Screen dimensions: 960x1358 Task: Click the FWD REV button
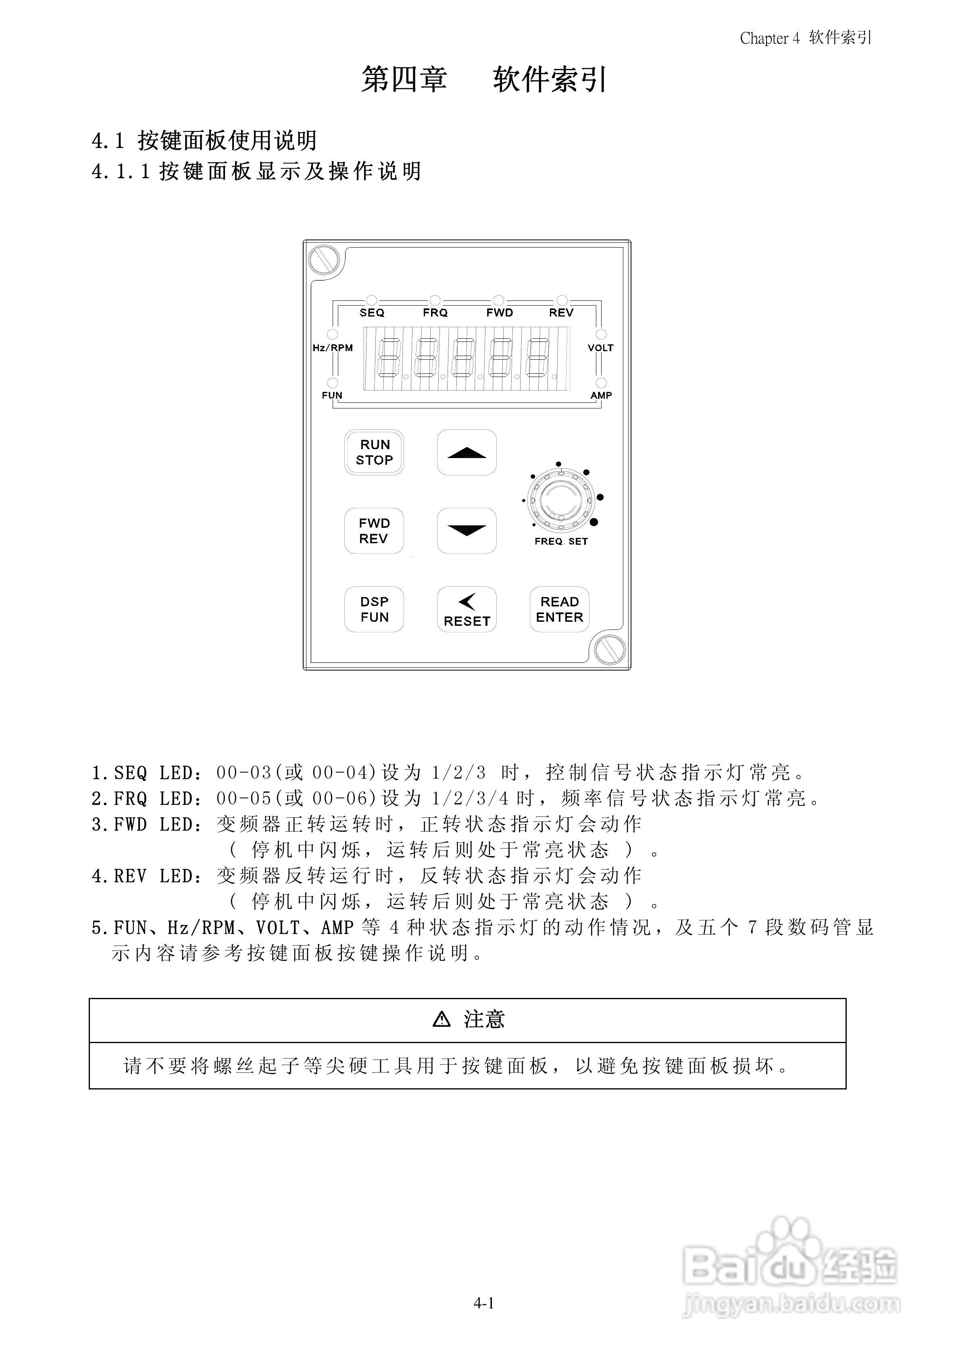[374, 531]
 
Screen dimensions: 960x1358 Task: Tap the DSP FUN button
[374, 609]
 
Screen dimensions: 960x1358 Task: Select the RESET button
[466, 609]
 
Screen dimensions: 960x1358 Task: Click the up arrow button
[466, 452]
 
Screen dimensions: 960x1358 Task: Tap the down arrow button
[466, 531]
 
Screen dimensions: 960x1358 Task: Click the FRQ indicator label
[435, 313]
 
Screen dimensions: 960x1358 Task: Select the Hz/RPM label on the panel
[332, 348]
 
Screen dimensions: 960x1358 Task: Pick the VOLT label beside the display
[600, 348]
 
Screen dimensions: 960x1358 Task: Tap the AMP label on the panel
[601, 395]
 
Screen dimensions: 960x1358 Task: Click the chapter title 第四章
[404, 79]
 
